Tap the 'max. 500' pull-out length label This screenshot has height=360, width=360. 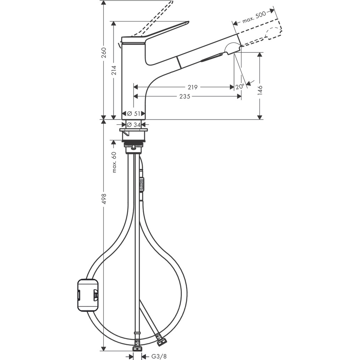coord(253,18)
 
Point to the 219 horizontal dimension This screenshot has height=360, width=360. coord(192,87)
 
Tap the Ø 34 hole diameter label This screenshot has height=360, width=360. coord(134,124)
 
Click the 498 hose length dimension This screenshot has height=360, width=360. coord(104,199)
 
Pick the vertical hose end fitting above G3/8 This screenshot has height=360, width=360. coord(137,349)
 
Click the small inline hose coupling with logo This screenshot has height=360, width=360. coord(142,184)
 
